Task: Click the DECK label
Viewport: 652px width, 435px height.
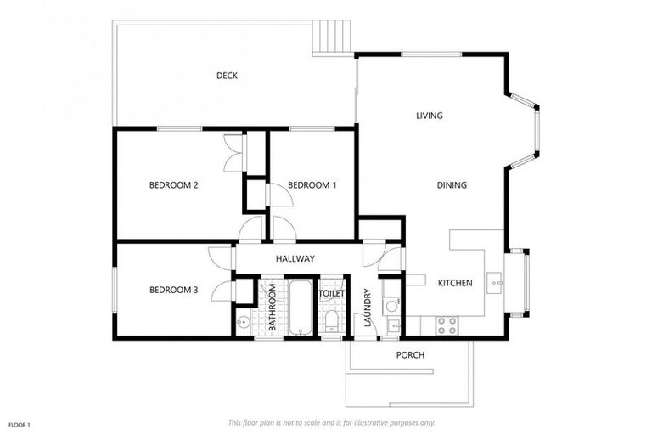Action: [227, 76]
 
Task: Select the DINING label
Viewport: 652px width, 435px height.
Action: [452, 185]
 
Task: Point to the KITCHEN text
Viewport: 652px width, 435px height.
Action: [454, 283]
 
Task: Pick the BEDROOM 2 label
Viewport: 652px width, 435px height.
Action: [173, 185]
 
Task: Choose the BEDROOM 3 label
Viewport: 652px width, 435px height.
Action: [173, 290]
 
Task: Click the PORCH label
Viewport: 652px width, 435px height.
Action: [410, 354]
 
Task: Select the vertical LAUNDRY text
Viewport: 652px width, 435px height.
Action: [368, 308]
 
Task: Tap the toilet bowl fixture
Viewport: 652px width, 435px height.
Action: [332, 322]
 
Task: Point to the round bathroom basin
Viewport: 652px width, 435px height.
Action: [244, 322]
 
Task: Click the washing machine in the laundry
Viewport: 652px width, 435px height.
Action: [391, 307]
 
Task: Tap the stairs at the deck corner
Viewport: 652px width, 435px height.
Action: [331, 37]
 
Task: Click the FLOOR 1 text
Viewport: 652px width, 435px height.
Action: [19, 424]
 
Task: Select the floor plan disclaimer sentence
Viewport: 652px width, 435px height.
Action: [332, 422]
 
